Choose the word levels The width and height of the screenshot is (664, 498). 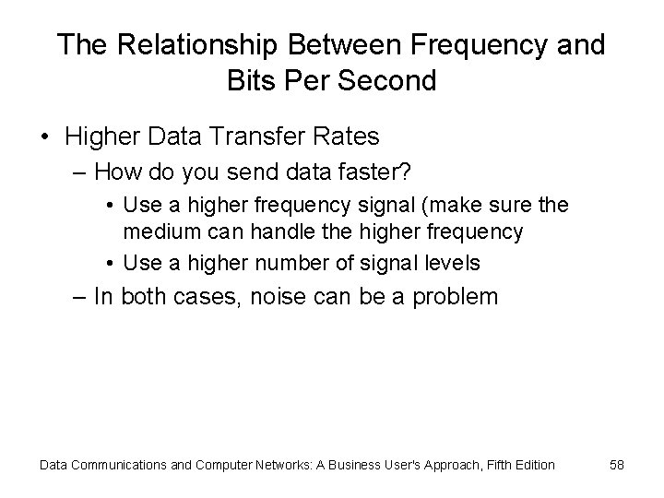451,263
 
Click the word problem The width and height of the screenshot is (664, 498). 458,298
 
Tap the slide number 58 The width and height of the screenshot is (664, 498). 616,465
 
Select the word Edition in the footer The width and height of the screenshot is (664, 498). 530,465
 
